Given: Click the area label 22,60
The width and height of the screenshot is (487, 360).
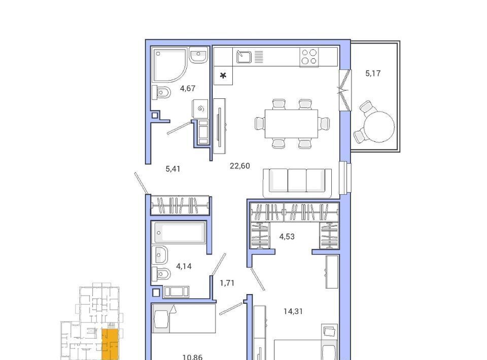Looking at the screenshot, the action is (240, 166).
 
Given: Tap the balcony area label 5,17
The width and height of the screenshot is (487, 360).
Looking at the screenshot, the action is (373, 74).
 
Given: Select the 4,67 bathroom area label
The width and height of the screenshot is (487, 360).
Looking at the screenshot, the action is (188, 88).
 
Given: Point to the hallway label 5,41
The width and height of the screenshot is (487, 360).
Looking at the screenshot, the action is (172, 169).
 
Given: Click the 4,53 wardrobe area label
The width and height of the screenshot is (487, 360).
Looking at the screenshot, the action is (287, 237).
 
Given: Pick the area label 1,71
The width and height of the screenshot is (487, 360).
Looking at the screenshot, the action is (227, 283).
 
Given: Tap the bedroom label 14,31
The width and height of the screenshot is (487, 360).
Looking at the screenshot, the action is (293, 311).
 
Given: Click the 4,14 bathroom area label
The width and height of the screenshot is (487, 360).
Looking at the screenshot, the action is (184, 266).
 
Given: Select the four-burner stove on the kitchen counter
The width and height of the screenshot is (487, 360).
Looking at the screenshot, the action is (309, 57).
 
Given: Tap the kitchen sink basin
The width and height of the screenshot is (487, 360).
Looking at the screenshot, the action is (244, 57).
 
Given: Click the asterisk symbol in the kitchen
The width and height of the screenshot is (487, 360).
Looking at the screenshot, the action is (223, 76).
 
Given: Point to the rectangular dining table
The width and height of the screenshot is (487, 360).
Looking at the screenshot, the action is (291, 124).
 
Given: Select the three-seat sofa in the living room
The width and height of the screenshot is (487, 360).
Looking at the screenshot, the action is (297, 183).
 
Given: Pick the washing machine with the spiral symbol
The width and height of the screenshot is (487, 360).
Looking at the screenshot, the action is (200, 109).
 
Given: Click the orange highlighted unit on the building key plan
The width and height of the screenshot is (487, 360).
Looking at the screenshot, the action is (110, 344).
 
